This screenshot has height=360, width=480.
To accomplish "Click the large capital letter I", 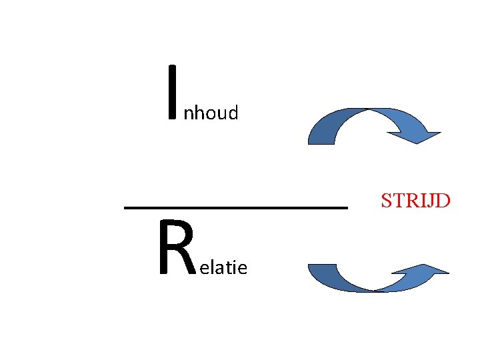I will (174, 93).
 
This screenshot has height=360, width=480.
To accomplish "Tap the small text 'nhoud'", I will (211, 114).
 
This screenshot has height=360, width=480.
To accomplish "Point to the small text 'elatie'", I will (223, 268).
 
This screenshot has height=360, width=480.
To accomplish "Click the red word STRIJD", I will (415, 199).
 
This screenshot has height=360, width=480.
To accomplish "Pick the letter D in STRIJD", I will (443, 199).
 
